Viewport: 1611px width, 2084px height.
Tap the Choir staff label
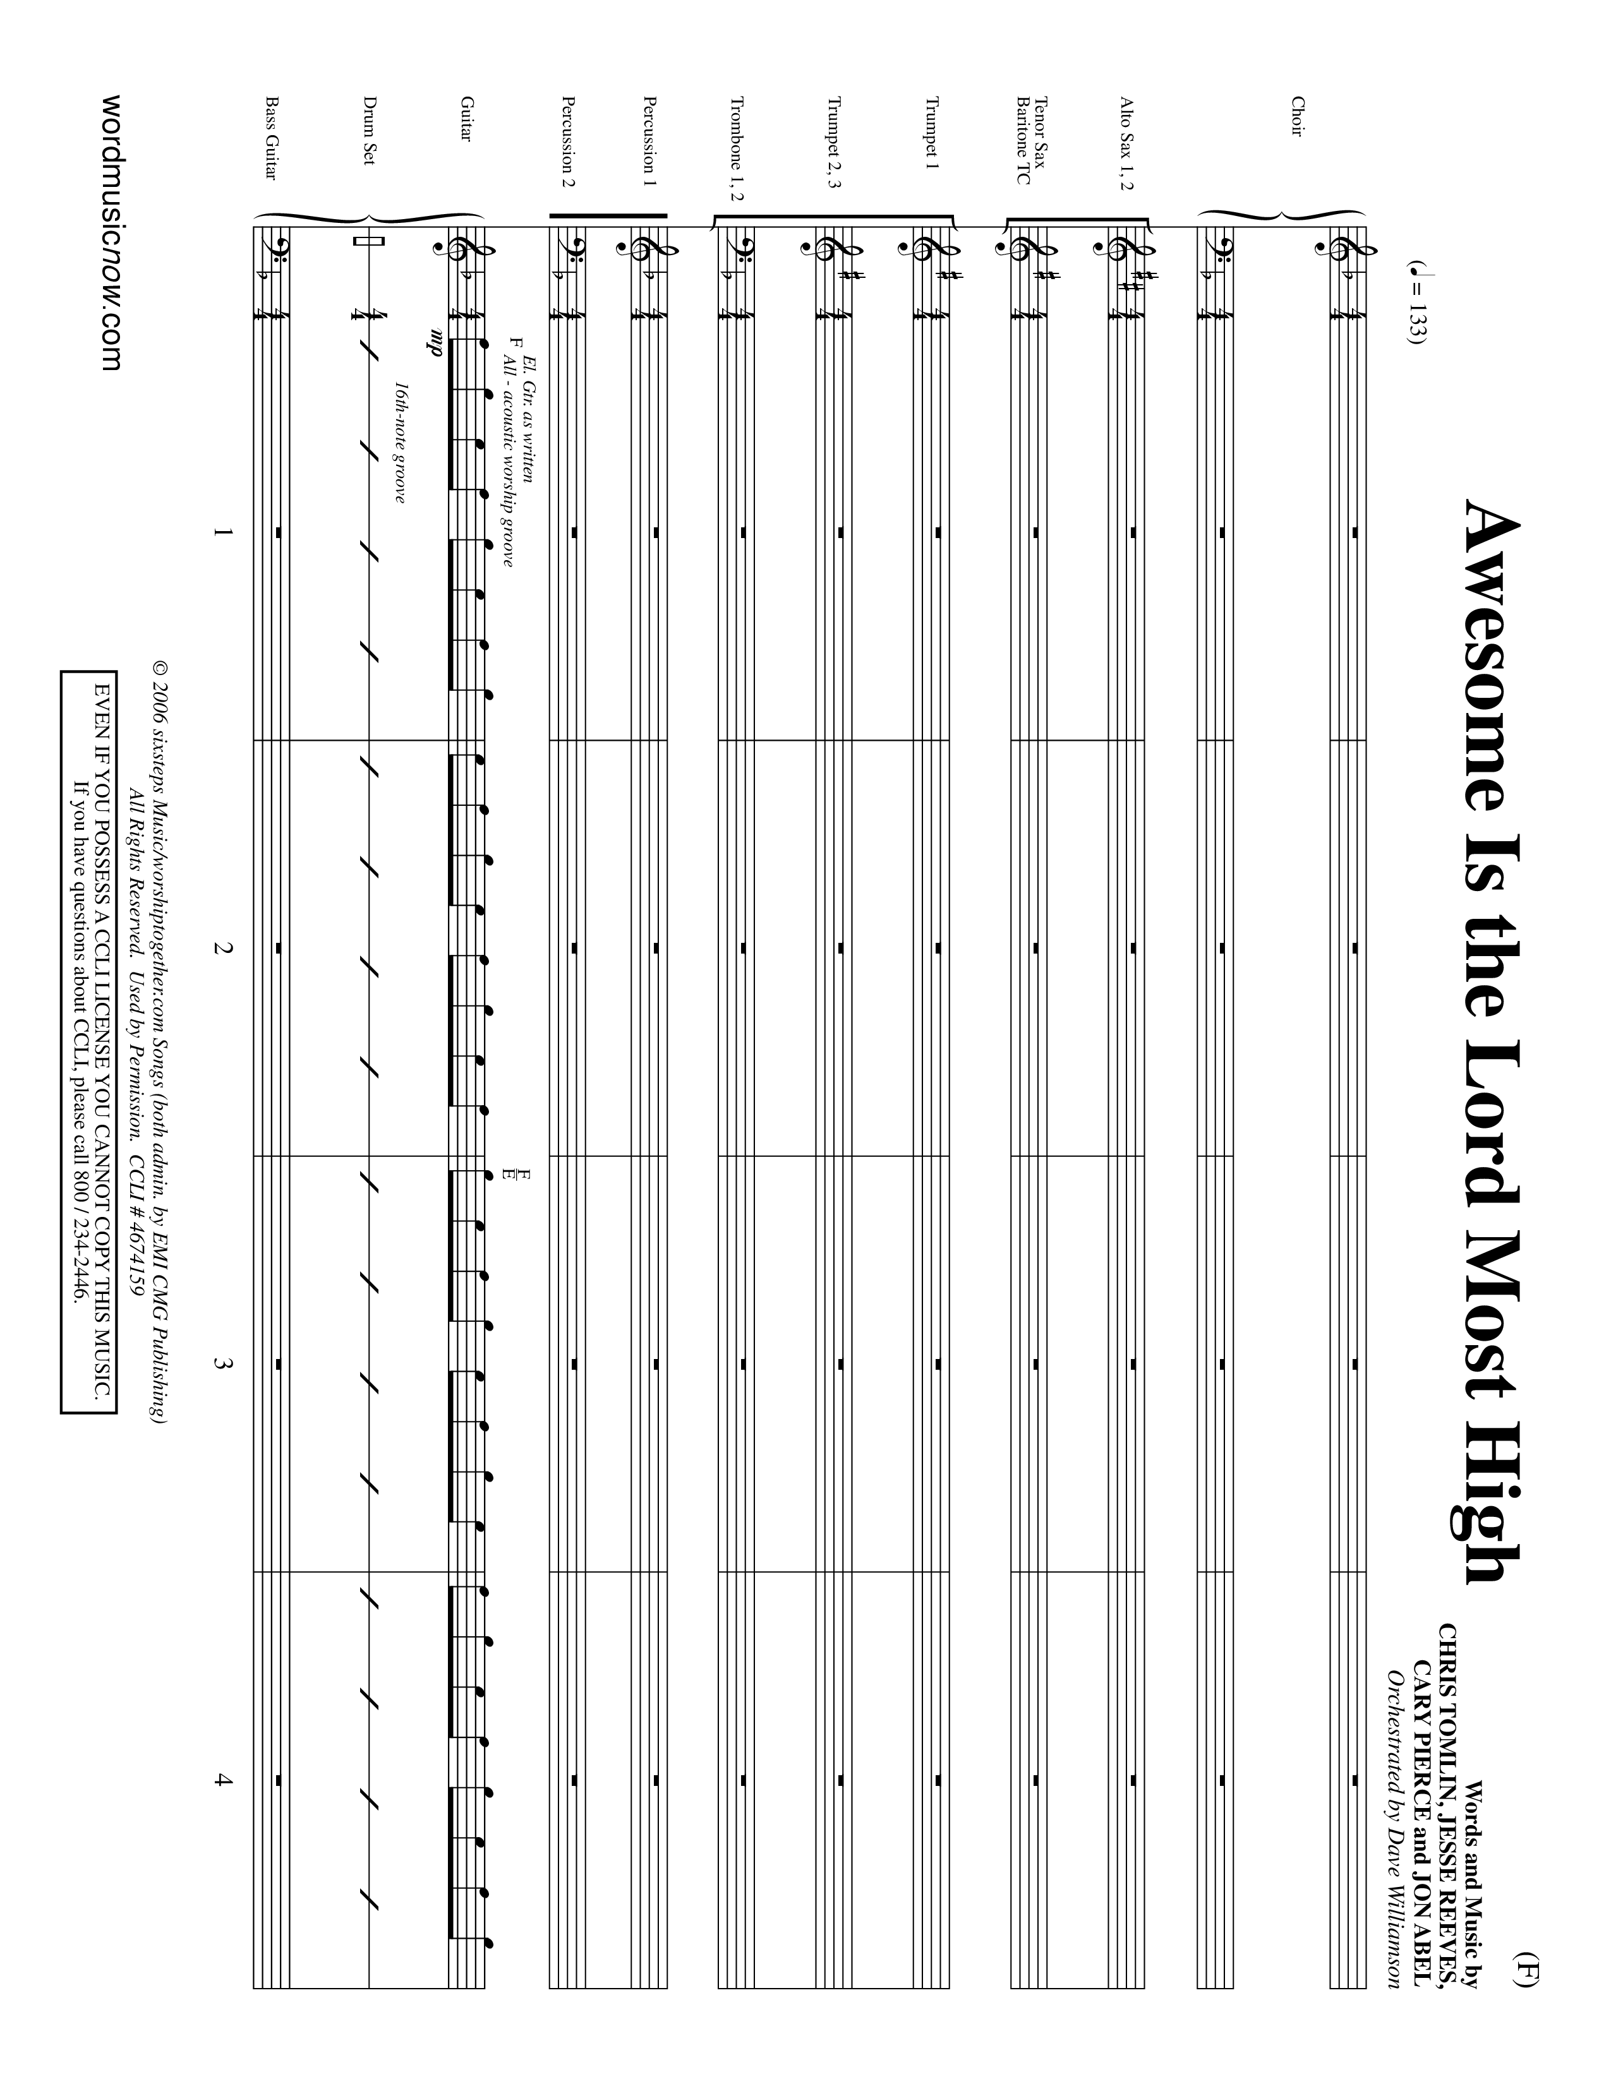pos(1296,116)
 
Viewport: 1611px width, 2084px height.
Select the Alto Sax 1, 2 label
pos(1127,143)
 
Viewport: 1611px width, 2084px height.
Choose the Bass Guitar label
pos(271,138)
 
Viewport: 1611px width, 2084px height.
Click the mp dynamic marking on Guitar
pos(437,342)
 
